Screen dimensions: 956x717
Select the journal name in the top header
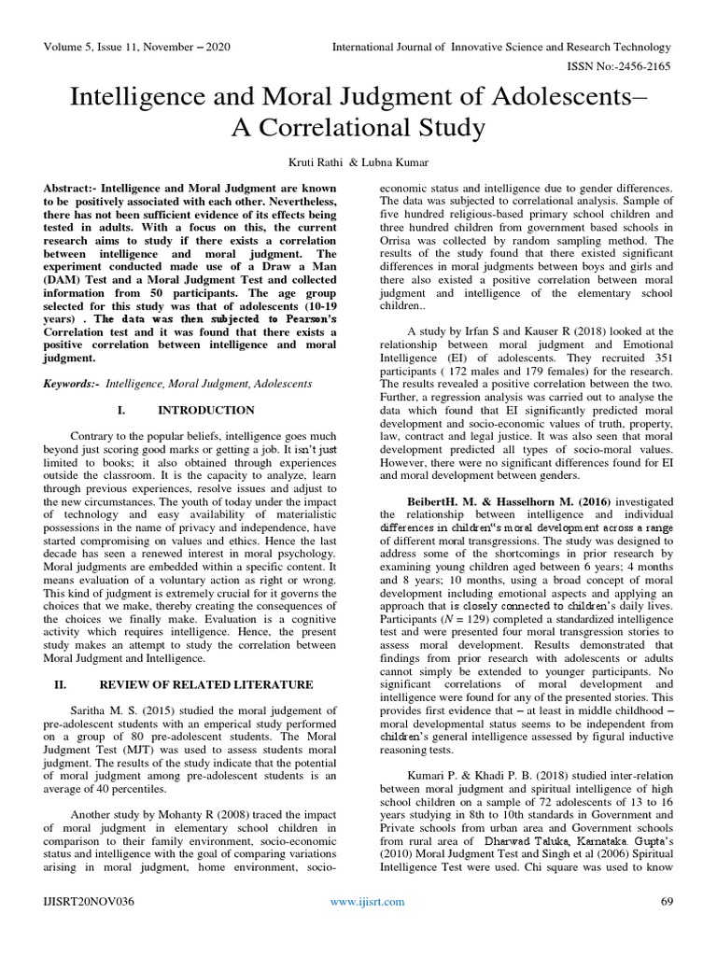click(502, 47)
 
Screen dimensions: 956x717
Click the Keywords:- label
click(72, 384)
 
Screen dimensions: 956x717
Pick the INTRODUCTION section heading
click(205, 410)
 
